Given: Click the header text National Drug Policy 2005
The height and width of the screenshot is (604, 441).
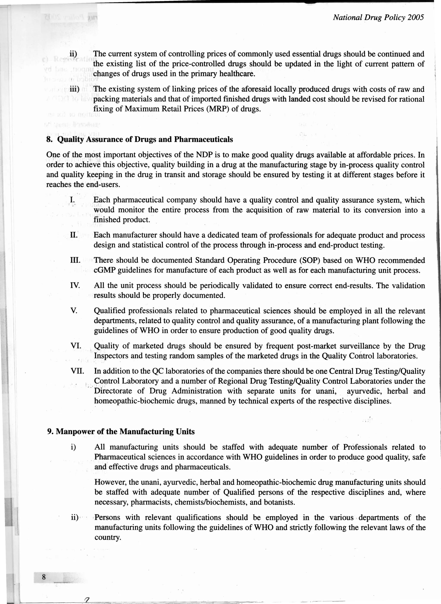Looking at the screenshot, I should pos(378,18).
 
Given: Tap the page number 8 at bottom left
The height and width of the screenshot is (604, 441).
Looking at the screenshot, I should pos(44,577).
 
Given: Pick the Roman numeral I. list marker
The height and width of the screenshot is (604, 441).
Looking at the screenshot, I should pos(72,200).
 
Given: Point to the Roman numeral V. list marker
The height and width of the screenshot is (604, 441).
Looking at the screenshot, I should pos(74,311).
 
